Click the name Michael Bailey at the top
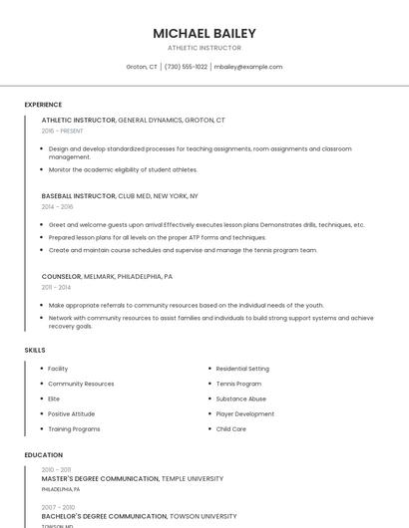click(204, 33)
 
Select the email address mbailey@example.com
click(248, 67)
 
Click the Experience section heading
click(43, 105)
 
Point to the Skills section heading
click(35, 351)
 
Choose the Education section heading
click(43, 455)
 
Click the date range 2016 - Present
click(62, 131)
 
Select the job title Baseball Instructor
click(78, 196)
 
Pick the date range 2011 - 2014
click(56, 287)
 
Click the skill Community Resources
click(81, 384)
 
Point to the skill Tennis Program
click(238, 384)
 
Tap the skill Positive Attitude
click(71, 413)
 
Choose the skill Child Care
click(230, 428)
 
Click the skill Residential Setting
click(242, 369)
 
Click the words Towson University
click(204, 516)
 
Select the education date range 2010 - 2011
click(56, 469)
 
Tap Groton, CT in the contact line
click(142, 67)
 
